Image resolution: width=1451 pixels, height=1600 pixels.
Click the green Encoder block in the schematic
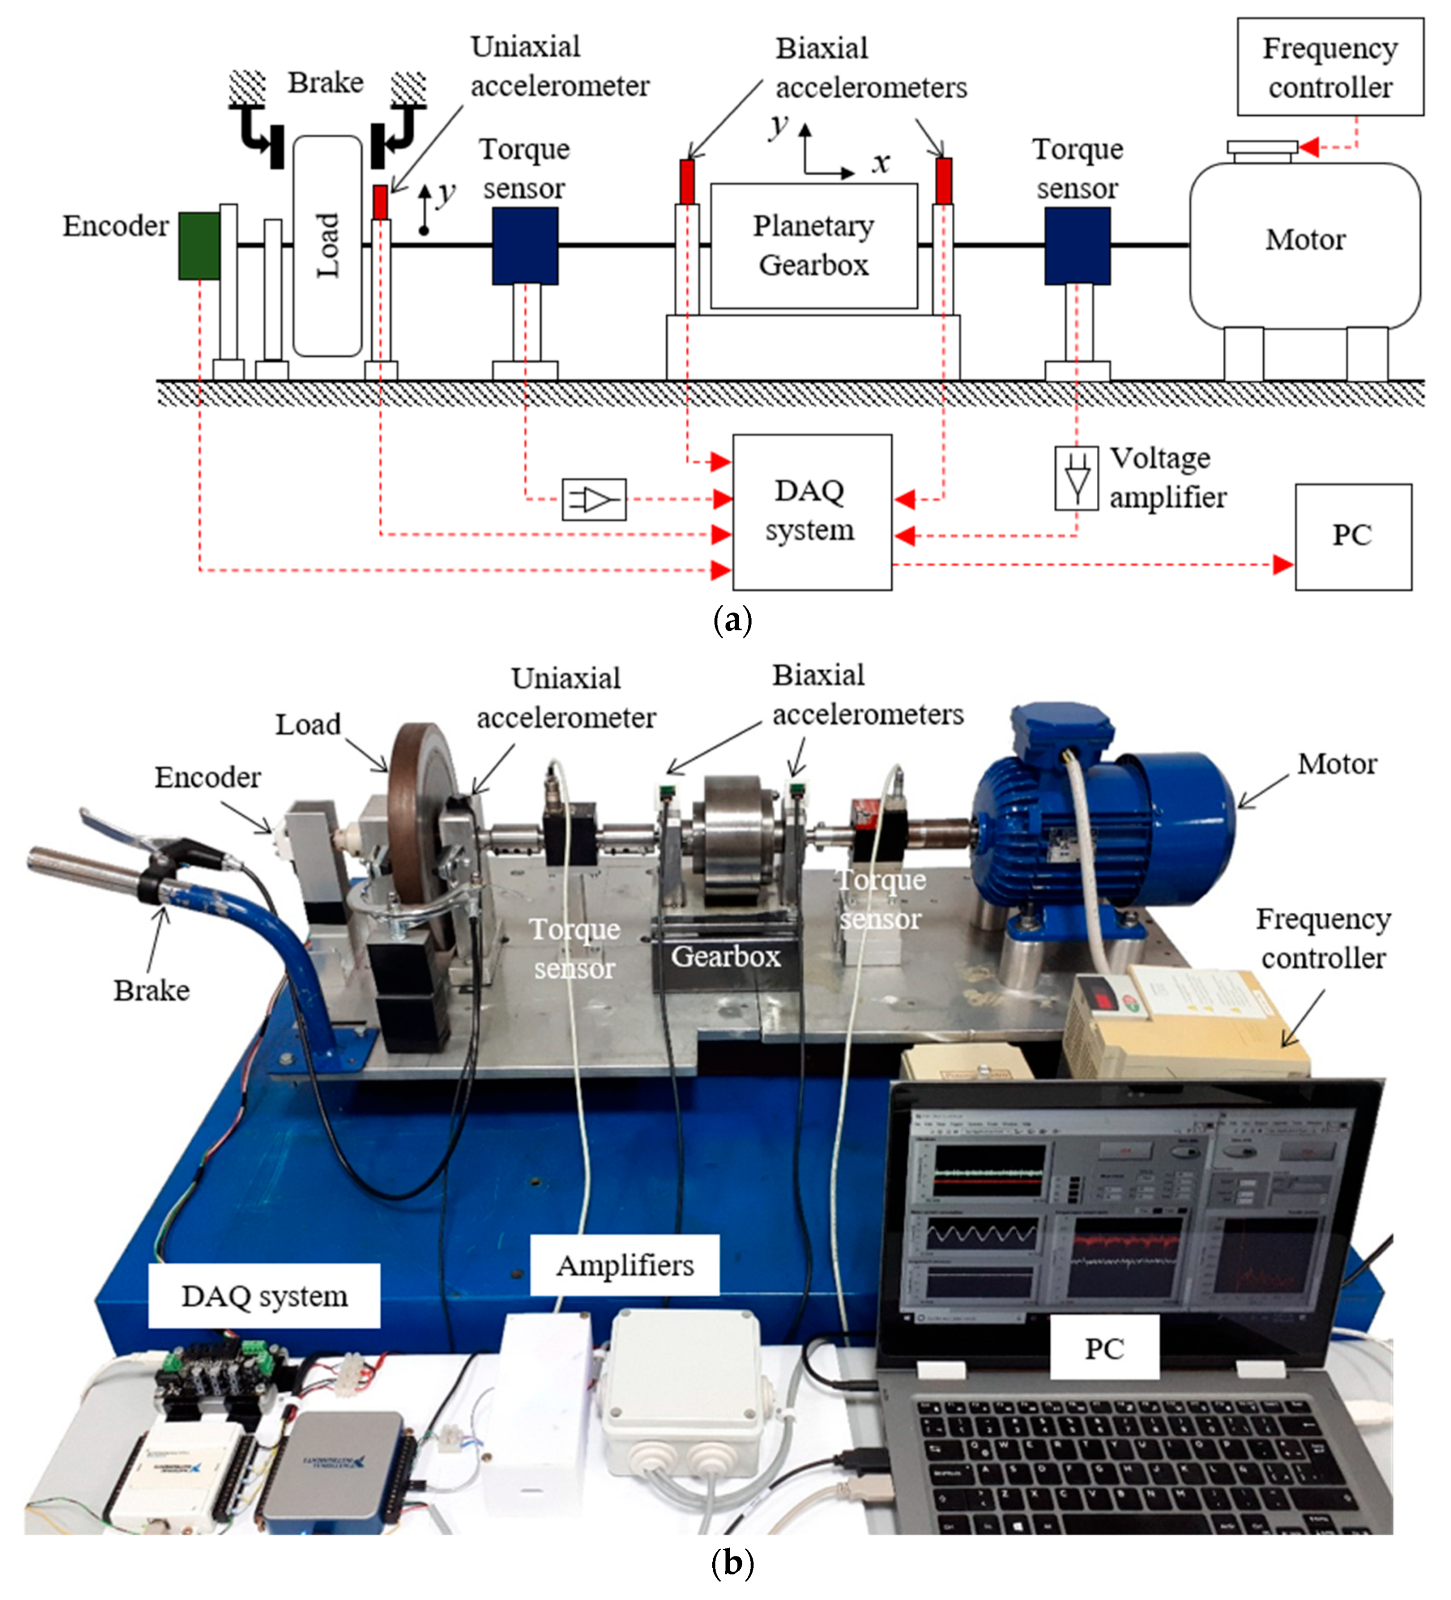[198, 245]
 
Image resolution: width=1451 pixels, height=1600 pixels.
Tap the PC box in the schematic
[1352, 537]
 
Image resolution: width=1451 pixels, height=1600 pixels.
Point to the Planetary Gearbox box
[813, 246]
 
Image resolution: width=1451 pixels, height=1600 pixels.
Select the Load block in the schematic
[327, 246]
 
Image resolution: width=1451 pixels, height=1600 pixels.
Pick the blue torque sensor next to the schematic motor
[1076, 246]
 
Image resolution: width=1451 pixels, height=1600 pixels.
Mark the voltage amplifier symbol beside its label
[1076, 478]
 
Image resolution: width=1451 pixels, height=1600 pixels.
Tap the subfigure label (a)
[732, 620]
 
